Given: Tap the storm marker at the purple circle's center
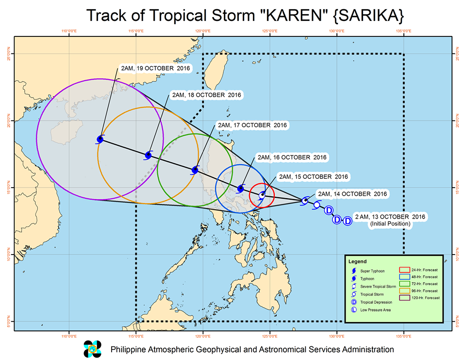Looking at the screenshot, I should click(100, 139).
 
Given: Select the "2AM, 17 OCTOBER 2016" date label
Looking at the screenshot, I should click(253, 125).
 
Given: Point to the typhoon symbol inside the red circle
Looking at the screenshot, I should click(262, 195).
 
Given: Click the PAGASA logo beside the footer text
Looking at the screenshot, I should click(93, 349).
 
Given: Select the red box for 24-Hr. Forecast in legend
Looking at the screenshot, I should click(405, 269).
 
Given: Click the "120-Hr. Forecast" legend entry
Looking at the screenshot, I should click(426, 298).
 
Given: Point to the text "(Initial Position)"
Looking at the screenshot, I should click(390, 224).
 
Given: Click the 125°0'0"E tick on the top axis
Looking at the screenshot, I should click(269, 32).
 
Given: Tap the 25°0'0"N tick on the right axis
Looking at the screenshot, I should click(456, 53).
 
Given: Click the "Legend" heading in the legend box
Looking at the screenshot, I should click(357, 261).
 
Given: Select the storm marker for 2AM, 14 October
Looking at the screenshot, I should click(305, 201).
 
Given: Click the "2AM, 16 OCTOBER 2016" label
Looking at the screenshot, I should click(292, 157).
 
